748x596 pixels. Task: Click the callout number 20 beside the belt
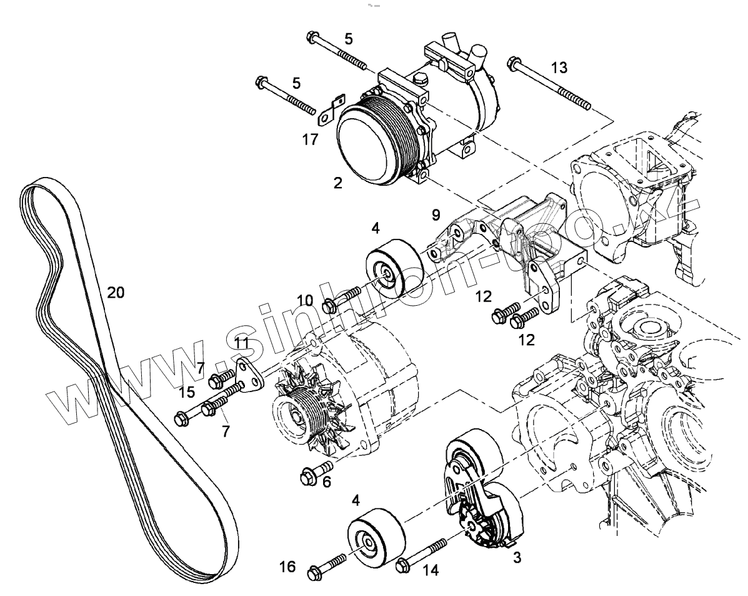(x=116, y=293)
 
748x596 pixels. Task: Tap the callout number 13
(x=559, y=67)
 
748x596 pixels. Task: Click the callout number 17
(x=311, y=139)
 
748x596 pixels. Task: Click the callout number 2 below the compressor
(x=337, y=183)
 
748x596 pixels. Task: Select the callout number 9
(x=436, y=216)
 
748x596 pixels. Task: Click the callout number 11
(x=242, y=342)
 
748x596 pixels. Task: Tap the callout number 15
(x=187, y=392)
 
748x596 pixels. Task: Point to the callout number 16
(x=287, y=567)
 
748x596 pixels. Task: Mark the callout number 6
(x=326, y=482)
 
